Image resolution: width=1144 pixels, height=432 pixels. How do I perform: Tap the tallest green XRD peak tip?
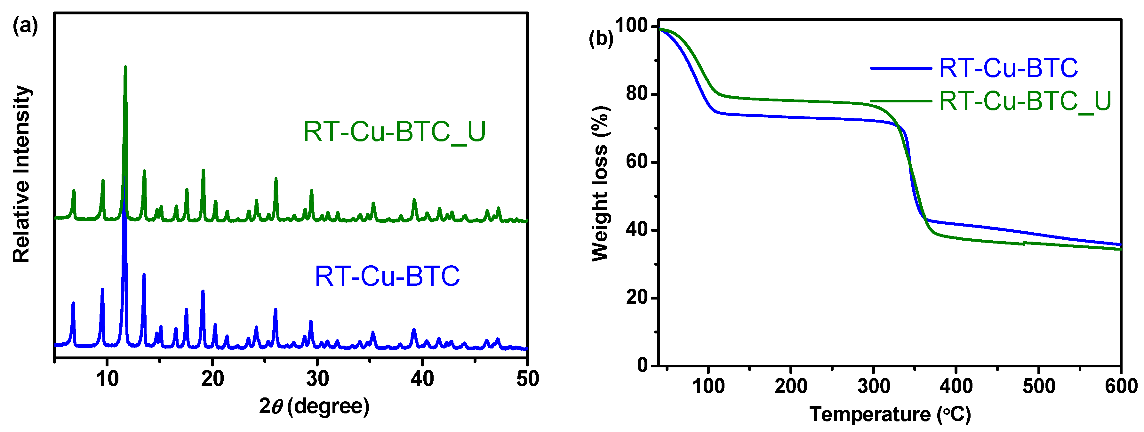point(125,68)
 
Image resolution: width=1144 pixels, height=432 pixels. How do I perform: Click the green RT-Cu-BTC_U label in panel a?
point(394,132)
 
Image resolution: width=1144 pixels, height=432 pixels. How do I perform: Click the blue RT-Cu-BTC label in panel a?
point(387,276)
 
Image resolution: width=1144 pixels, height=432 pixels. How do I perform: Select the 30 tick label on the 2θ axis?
point(317,379)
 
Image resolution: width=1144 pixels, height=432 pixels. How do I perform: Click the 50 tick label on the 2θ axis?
point(527,379)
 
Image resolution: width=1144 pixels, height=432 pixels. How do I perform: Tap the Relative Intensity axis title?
point(21,174)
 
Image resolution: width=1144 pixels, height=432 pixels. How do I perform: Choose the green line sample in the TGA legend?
point(900,101)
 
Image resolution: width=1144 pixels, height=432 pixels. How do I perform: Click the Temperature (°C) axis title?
point(890,415)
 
